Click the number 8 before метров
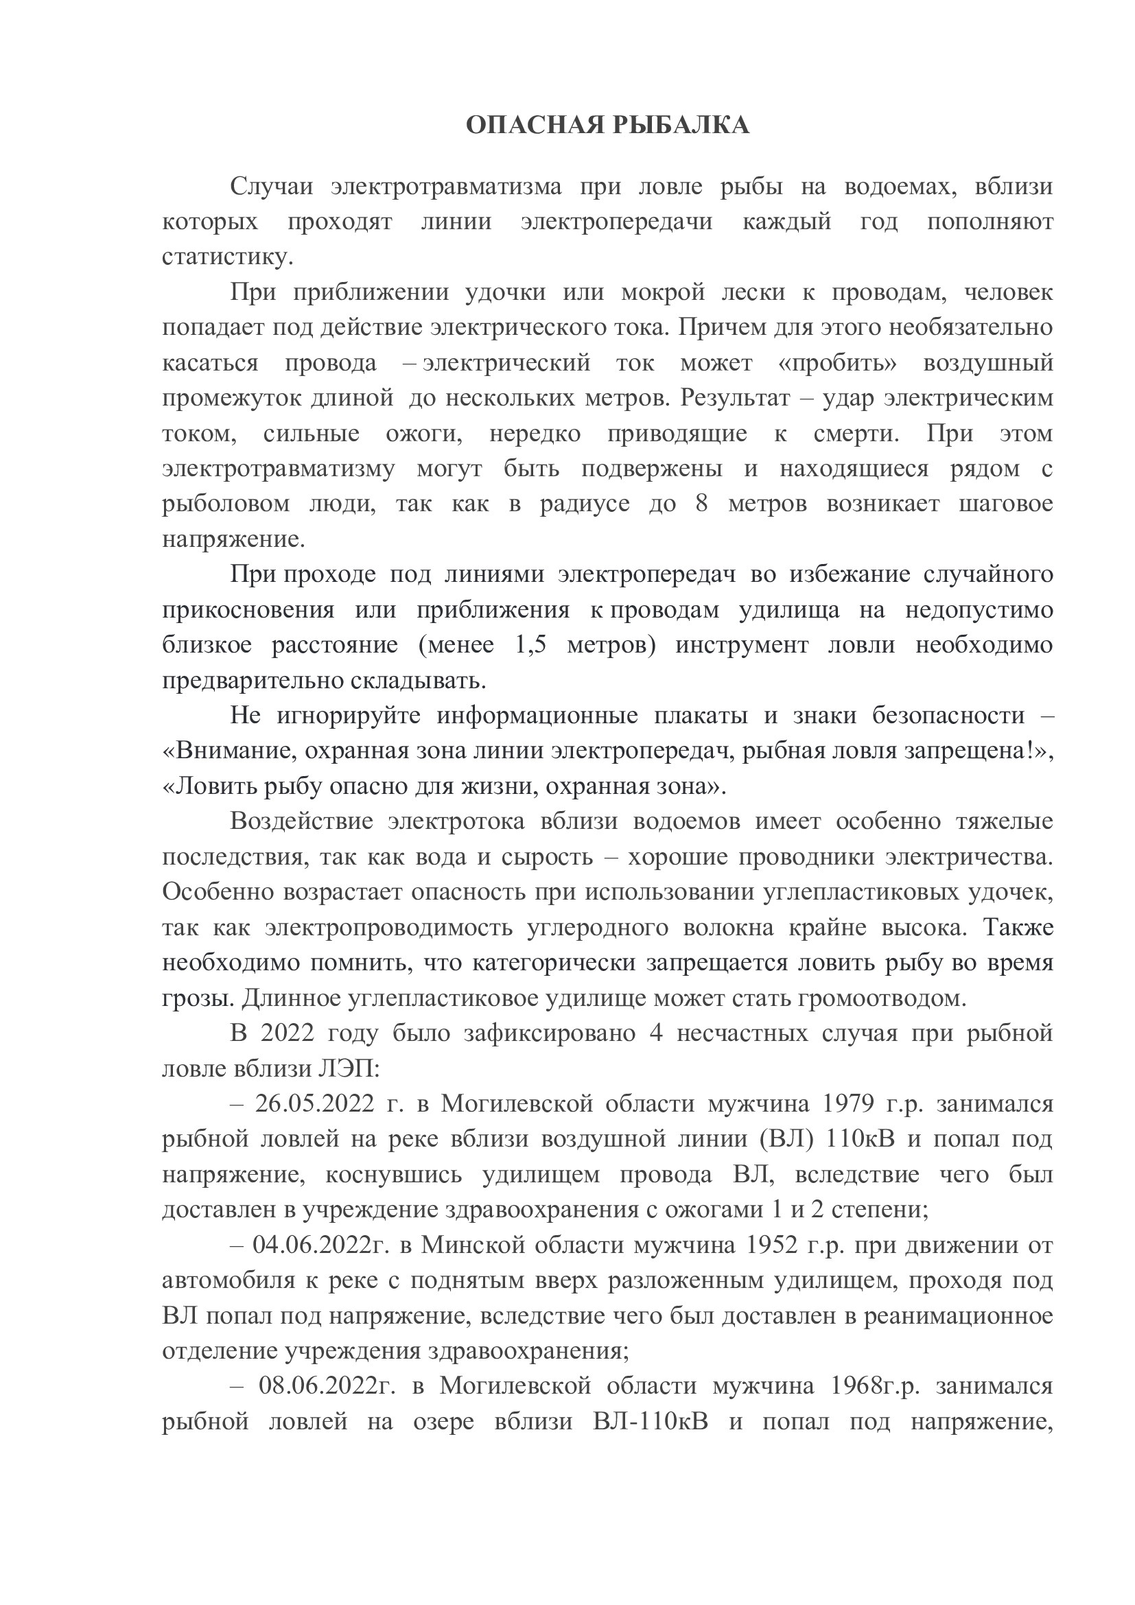click(x=702, y=504)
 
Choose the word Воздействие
click(x=301, y=821)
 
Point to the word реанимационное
click(x=958, y=1315)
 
